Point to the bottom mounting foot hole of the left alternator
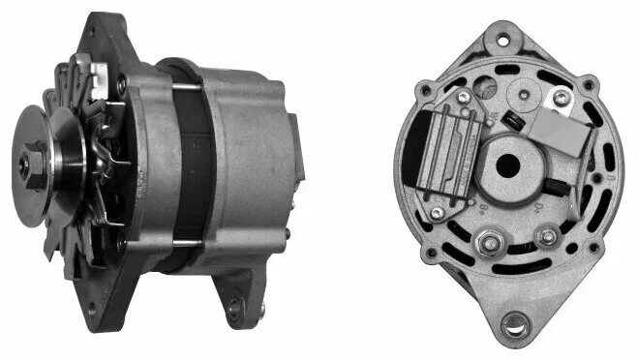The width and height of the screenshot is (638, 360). click(233, 310)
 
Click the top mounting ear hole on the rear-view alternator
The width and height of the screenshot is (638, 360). click(502, 40)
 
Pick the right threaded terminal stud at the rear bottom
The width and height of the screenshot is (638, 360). click(548, 235)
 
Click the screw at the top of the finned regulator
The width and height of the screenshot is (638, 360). click(465, 98)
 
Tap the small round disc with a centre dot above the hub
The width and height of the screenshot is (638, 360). click(526, 96)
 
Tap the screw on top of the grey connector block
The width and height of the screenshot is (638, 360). click(560, 97)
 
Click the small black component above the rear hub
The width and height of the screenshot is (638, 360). click(514, 123)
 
